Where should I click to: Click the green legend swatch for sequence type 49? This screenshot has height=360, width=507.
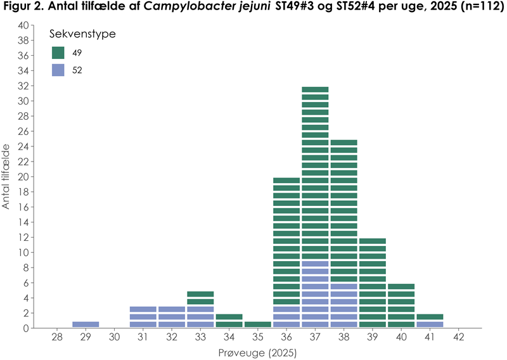coord(58,53)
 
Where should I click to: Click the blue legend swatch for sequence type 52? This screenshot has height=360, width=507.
coord(58,70)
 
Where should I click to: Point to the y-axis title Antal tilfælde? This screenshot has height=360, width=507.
coord(8,176)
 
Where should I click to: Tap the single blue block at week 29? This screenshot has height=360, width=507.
coord(86,325)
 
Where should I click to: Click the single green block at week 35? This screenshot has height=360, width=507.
coord(257,325)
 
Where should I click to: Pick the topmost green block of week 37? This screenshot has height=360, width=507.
coord(315,89)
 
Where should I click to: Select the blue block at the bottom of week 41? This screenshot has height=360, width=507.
coord(430,325)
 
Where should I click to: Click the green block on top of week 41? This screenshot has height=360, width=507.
coord(430,317)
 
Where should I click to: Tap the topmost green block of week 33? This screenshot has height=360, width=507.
coord(200,294)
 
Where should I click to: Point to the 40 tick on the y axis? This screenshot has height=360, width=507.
coord(23,25)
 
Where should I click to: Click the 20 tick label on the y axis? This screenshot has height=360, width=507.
coord(23,177)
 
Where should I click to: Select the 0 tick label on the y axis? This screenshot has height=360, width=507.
coord(26,328)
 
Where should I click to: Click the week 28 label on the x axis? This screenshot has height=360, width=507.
coord(57,338)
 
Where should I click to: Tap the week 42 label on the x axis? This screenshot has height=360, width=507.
coord(458,338)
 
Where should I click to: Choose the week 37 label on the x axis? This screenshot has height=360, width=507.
coord(315,338)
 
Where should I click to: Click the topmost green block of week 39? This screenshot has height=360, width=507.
coord(372,241)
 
